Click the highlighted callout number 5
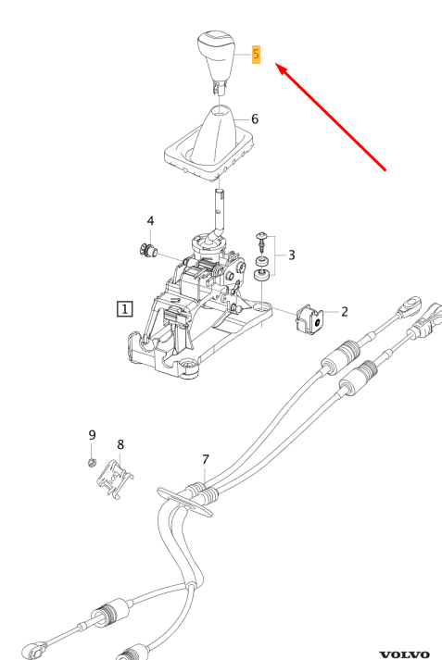coord(256,55)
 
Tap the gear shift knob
coord(215,60)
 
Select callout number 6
coord(255,119)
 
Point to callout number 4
coord(150,221)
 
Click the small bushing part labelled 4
coord(147,250)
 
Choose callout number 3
coord(292,255)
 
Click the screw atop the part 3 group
coord(262,242)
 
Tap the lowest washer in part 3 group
coord(262,276)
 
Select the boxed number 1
coord(124,309)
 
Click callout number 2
coord(345,312)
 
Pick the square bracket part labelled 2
coord(309,321)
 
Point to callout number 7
coord(205,460)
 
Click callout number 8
coord(120,444)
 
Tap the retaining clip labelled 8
coord(115,479)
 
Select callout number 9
coord(93,435)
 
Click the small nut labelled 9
coord(92,463)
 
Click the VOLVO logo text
coord(405,655)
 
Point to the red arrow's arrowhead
coord(283,70)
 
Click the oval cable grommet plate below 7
coord(184,502)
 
